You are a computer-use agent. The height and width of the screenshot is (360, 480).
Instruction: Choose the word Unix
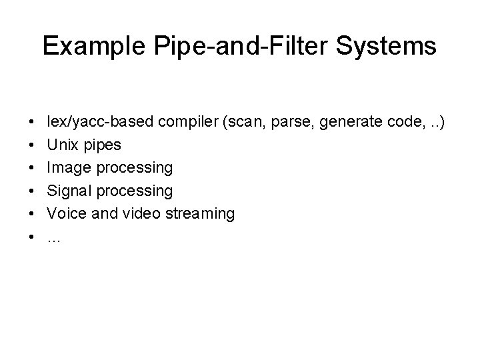click(63, 144)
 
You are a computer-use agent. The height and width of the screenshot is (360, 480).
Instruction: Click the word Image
click(67, 167)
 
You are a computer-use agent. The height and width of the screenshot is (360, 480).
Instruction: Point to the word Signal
click(69, 191)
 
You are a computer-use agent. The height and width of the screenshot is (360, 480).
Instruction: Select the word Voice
click(66, 213)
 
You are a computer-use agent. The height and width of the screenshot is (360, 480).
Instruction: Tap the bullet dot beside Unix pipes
click(33, 145)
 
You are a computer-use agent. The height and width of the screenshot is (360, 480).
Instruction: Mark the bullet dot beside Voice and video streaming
click(33, 214)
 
